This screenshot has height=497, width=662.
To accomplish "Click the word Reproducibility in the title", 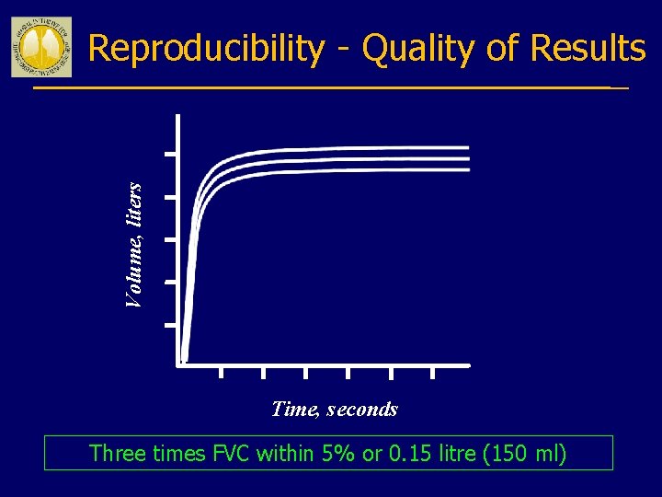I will (206, 48).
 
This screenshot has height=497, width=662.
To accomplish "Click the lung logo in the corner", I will (40, 47).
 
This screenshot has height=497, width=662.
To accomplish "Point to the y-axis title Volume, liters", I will (134, 246).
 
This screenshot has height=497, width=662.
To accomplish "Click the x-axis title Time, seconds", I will (335, 409).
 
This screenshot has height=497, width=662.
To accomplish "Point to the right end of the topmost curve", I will (467, 147).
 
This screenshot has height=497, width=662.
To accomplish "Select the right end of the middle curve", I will (467, 158).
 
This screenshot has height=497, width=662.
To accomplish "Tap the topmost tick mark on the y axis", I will (170, 154).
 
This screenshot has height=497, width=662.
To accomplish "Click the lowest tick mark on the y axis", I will (170, 325).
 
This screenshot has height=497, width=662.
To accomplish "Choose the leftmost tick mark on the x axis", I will (221, 372).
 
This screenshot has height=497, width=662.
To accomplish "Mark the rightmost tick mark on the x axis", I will (434, 372).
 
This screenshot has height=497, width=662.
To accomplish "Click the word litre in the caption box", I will (459, 453).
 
